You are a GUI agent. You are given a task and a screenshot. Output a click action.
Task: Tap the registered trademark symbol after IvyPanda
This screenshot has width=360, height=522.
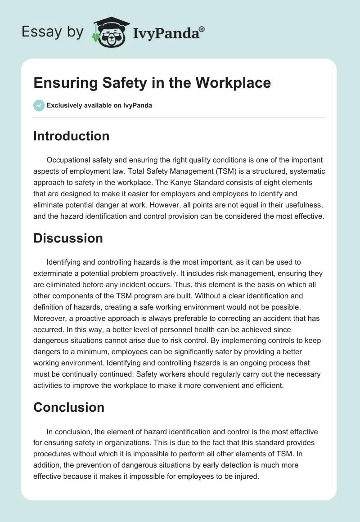pos(202,29)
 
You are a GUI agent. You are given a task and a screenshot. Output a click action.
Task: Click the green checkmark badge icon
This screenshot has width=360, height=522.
pos(39,105)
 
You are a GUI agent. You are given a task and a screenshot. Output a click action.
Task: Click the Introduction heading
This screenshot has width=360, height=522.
pos(71,136)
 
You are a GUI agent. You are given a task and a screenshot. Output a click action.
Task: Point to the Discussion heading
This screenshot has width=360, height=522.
pos(68,238)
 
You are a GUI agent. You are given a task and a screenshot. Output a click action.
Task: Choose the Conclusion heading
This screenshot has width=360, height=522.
pos(69,407)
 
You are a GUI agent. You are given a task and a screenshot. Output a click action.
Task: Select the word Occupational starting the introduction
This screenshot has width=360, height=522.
pos(69,160)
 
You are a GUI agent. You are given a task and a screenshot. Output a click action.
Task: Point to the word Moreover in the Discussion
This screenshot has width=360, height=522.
pos(49,319)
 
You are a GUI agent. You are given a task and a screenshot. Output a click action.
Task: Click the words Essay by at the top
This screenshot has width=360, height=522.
pos(53,32)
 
